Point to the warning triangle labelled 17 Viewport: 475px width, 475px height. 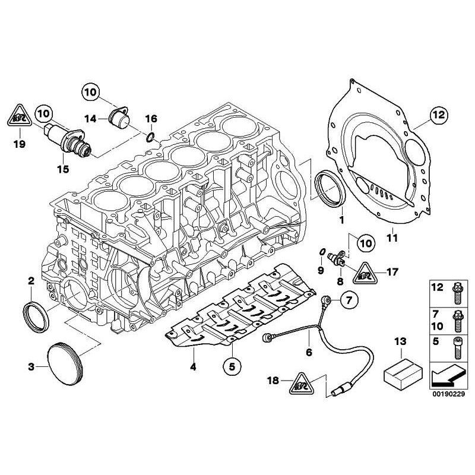coord(365,274)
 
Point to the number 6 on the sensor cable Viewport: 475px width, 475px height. coord(309,351)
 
